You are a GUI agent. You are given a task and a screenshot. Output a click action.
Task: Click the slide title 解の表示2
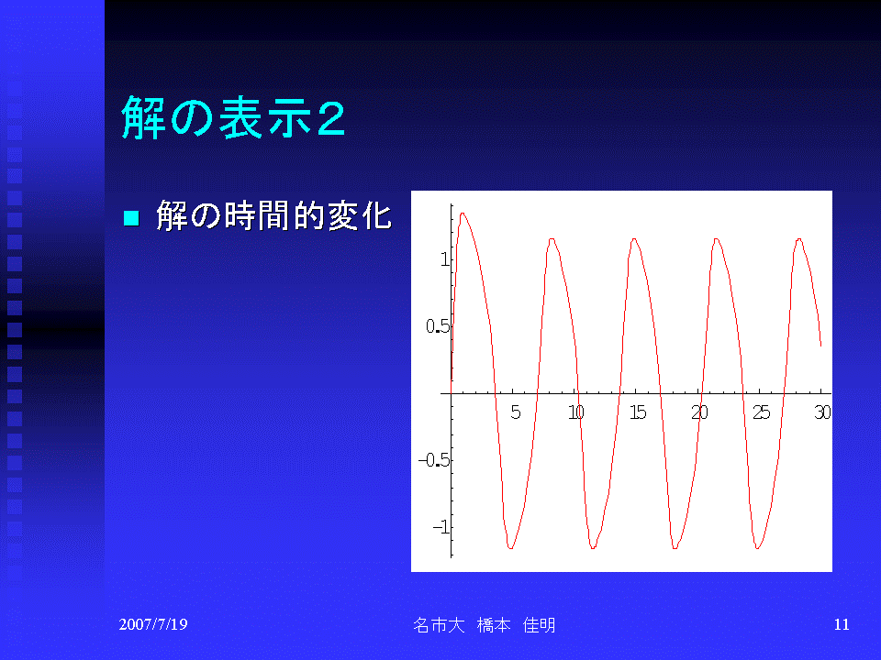pyautogui.click(x=233, y=117)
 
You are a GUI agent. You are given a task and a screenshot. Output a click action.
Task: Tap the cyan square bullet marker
pyautogui.click(x=131, y=217)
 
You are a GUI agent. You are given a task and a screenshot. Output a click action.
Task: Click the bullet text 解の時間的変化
pyautogui.click(x=273, y=215)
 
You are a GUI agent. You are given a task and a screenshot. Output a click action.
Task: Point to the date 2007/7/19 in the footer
pyautogui.click(x=153, y=624)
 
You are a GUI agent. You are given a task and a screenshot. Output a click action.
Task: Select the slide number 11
pyautogui.click(x=842, y=624)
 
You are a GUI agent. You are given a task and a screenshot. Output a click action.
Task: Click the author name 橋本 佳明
pyautogui.click(x=516, y=624)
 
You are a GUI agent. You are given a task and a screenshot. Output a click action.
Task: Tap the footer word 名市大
pyautogui.click(x=439, y=624)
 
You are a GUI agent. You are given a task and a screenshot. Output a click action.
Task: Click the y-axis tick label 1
pyautogui.click(x=445, y=259)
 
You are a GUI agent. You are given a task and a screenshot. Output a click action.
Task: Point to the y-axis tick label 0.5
pyautogui.click(x=438, y=326)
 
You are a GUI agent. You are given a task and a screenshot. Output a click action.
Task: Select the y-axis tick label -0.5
pyautogui.click(x=434, y=460)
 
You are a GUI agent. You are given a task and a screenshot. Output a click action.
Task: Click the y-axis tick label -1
pyautogui.click(x=441, y=527)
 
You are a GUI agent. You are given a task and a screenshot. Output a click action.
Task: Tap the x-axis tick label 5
pyautogui.click(x=515, y=412)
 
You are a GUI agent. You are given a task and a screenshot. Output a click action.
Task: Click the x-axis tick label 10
pyautogui.click(x=576, y=412)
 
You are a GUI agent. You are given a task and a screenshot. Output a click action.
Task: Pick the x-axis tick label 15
pyautogui.click(x=638, y=412)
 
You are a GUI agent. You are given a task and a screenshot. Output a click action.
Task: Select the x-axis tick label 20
pyautogui.click(x=699, y=412)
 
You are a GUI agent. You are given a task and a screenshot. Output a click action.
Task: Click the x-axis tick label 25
pyautogui.click(x=762, y=412)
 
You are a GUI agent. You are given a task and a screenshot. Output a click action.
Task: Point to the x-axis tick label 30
pyautogui.click(x=822, y=412)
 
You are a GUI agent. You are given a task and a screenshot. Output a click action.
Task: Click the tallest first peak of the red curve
pyautogui.click(x=463, y=214)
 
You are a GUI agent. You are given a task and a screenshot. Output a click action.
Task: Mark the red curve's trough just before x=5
pyautogui.click(x=511, y=548)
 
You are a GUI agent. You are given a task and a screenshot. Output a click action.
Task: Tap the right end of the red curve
pyautogui.click(x=820, y=346)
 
